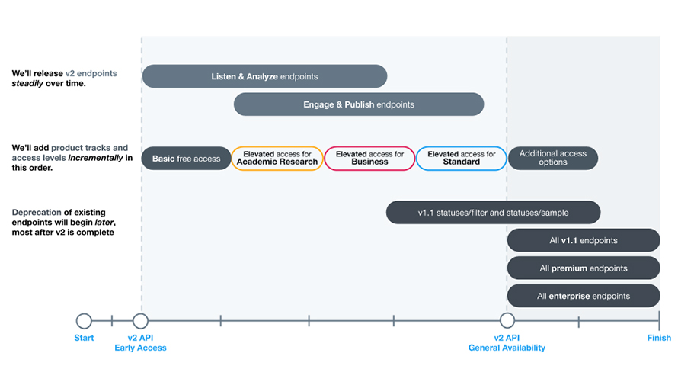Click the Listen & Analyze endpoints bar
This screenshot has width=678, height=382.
[264, 76]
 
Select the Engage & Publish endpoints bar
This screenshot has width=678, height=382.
[358, 104]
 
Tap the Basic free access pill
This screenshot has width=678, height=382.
[186, 159]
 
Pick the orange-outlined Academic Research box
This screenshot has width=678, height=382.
[277, 159]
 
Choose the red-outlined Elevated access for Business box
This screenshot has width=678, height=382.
[369, 159]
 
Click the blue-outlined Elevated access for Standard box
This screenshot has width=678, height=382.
[461, 159]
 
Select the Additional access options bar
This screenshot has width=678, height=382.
[552, 159]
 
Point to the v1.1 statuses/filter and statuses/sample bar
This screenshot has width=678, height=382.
[493, 213]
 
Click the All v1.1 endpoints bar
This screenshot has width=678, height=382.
[584, 241]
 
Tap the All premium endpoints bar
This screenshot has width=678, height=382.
[584, 268]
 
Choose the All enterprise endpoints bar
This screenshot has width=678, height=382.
[584, 296]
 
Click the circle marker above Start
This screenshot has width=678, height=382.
[84, 321]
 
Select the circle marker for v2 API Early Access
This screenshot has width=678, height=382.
[140, 321]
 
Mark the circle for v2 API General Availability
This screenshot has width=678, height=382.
[507, 321]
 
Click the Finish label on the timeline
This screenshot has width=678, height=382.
[659, 338]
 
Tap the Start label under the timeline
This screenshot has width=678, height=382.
[84, 338]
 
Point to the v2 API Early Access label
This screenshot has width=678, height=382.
[140, 343]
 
